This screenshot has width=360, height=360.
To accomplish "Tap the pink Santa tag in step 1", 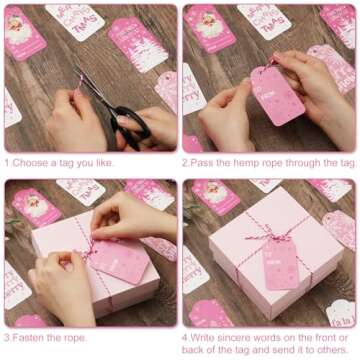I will [24, 31].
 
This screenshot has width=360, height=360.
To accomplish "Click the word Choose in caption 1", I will [33, 162].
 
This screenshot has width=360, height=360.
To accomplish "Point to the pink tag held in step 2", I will [277, 94].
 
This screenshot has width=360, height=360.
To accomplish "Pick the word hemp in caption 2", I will [247, 162].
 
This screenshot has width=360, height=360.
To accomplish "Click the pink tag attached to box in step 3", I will [119, 260].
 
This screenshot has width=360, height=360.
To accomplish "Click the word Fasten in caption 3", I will [31, 338].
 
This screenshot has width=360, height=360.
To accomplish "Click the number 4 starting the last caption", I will [185, 338].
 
